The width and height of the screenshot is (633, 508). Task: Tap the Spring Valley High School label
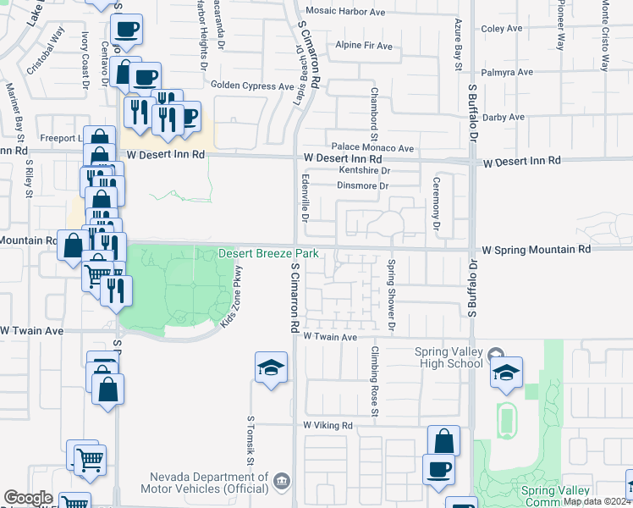pyautogui.click(x=449, y=357)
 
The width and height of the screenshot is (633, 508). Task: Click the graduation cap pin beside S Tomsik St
pyautogui.click(x=271, y=368)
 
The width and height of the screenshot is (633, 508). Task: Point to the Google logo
pyautogui.click(x=28, y=498)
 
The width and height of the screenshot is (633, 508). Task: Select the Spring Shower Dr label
pyautogui.click(x=392, y=295)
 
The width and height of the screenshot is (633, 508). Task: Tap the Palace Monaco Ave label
pyautogui.click(x=372, y=147)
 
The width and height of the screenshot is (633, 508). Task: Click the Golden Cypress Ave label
pyautogui.click(x=251, y=86)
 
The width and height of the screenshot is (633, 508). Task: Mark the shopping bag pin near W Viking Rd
pyautogui.click(x=443, y=442)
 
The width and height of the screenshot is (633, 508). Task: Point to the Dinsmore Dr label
pyautogui.click(x=361, y=185)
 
